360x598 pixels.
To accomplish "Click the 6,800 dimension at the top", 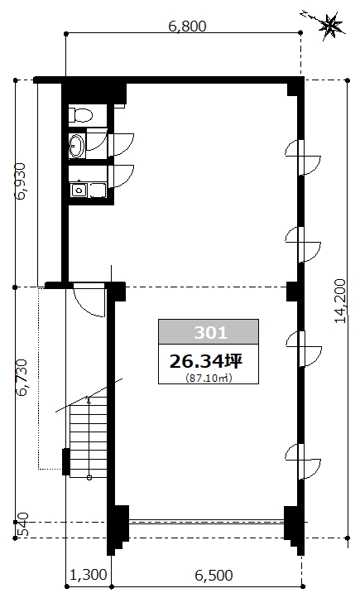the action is pos(187,27).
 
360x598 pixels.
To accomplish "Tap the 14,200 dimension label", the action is pos(340,301).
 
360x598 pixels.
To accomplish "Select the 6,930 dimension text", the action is pos(20,181).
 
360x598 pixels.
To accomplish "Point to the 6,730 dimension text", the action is pos(22,377).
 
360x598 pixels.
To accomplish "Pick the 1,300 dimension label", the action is pos(89,574).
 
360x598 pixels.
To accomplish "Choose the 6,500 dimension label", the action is pos(214,575).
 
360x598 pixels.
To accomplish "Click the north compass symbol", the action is pos(330,24).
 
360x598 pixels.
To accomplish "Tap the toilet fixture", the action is pos(81,115).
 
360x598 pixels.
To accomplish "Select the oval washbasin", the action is pos(77,145).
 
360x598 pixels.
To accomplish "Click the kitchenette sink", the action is pos(79,190).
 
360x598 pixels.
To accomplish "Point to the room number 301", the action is pos(211,333).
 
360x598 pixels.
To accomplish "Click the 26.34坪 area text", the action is pos(206,361).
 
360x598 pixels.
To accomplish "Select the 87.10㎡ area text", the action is pos(209,379).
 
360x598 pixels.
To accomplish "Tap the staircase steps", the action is pos(89,437).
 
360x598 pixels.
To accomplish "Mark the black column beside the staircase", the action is pos(66,462).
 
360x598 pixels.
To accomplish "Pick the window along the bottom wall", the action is pos(206,521).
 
